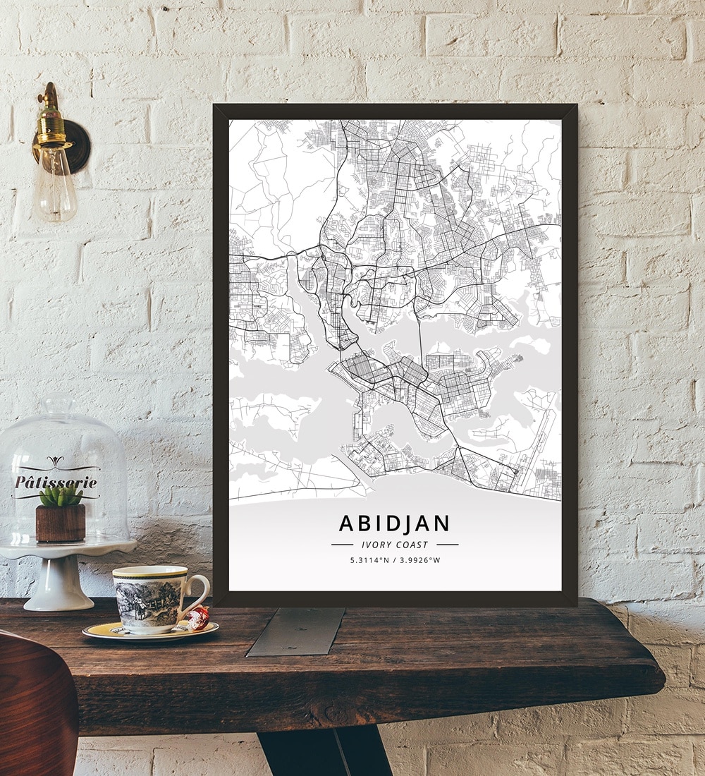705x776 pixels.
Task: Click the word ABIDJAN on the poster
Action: tap(394, 523)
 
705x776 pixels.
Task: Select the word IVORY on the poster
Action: tap(375, 545)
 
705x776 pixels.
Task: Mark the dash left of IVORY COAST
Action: tap(342, 545)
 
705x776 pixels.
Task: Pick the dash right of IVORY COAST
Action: tap(447, 545)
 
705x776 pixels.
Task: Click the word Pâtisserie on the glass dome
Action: tap(56, 483)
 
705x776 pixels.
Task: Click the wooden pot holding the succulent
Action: tap(61, 522)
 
